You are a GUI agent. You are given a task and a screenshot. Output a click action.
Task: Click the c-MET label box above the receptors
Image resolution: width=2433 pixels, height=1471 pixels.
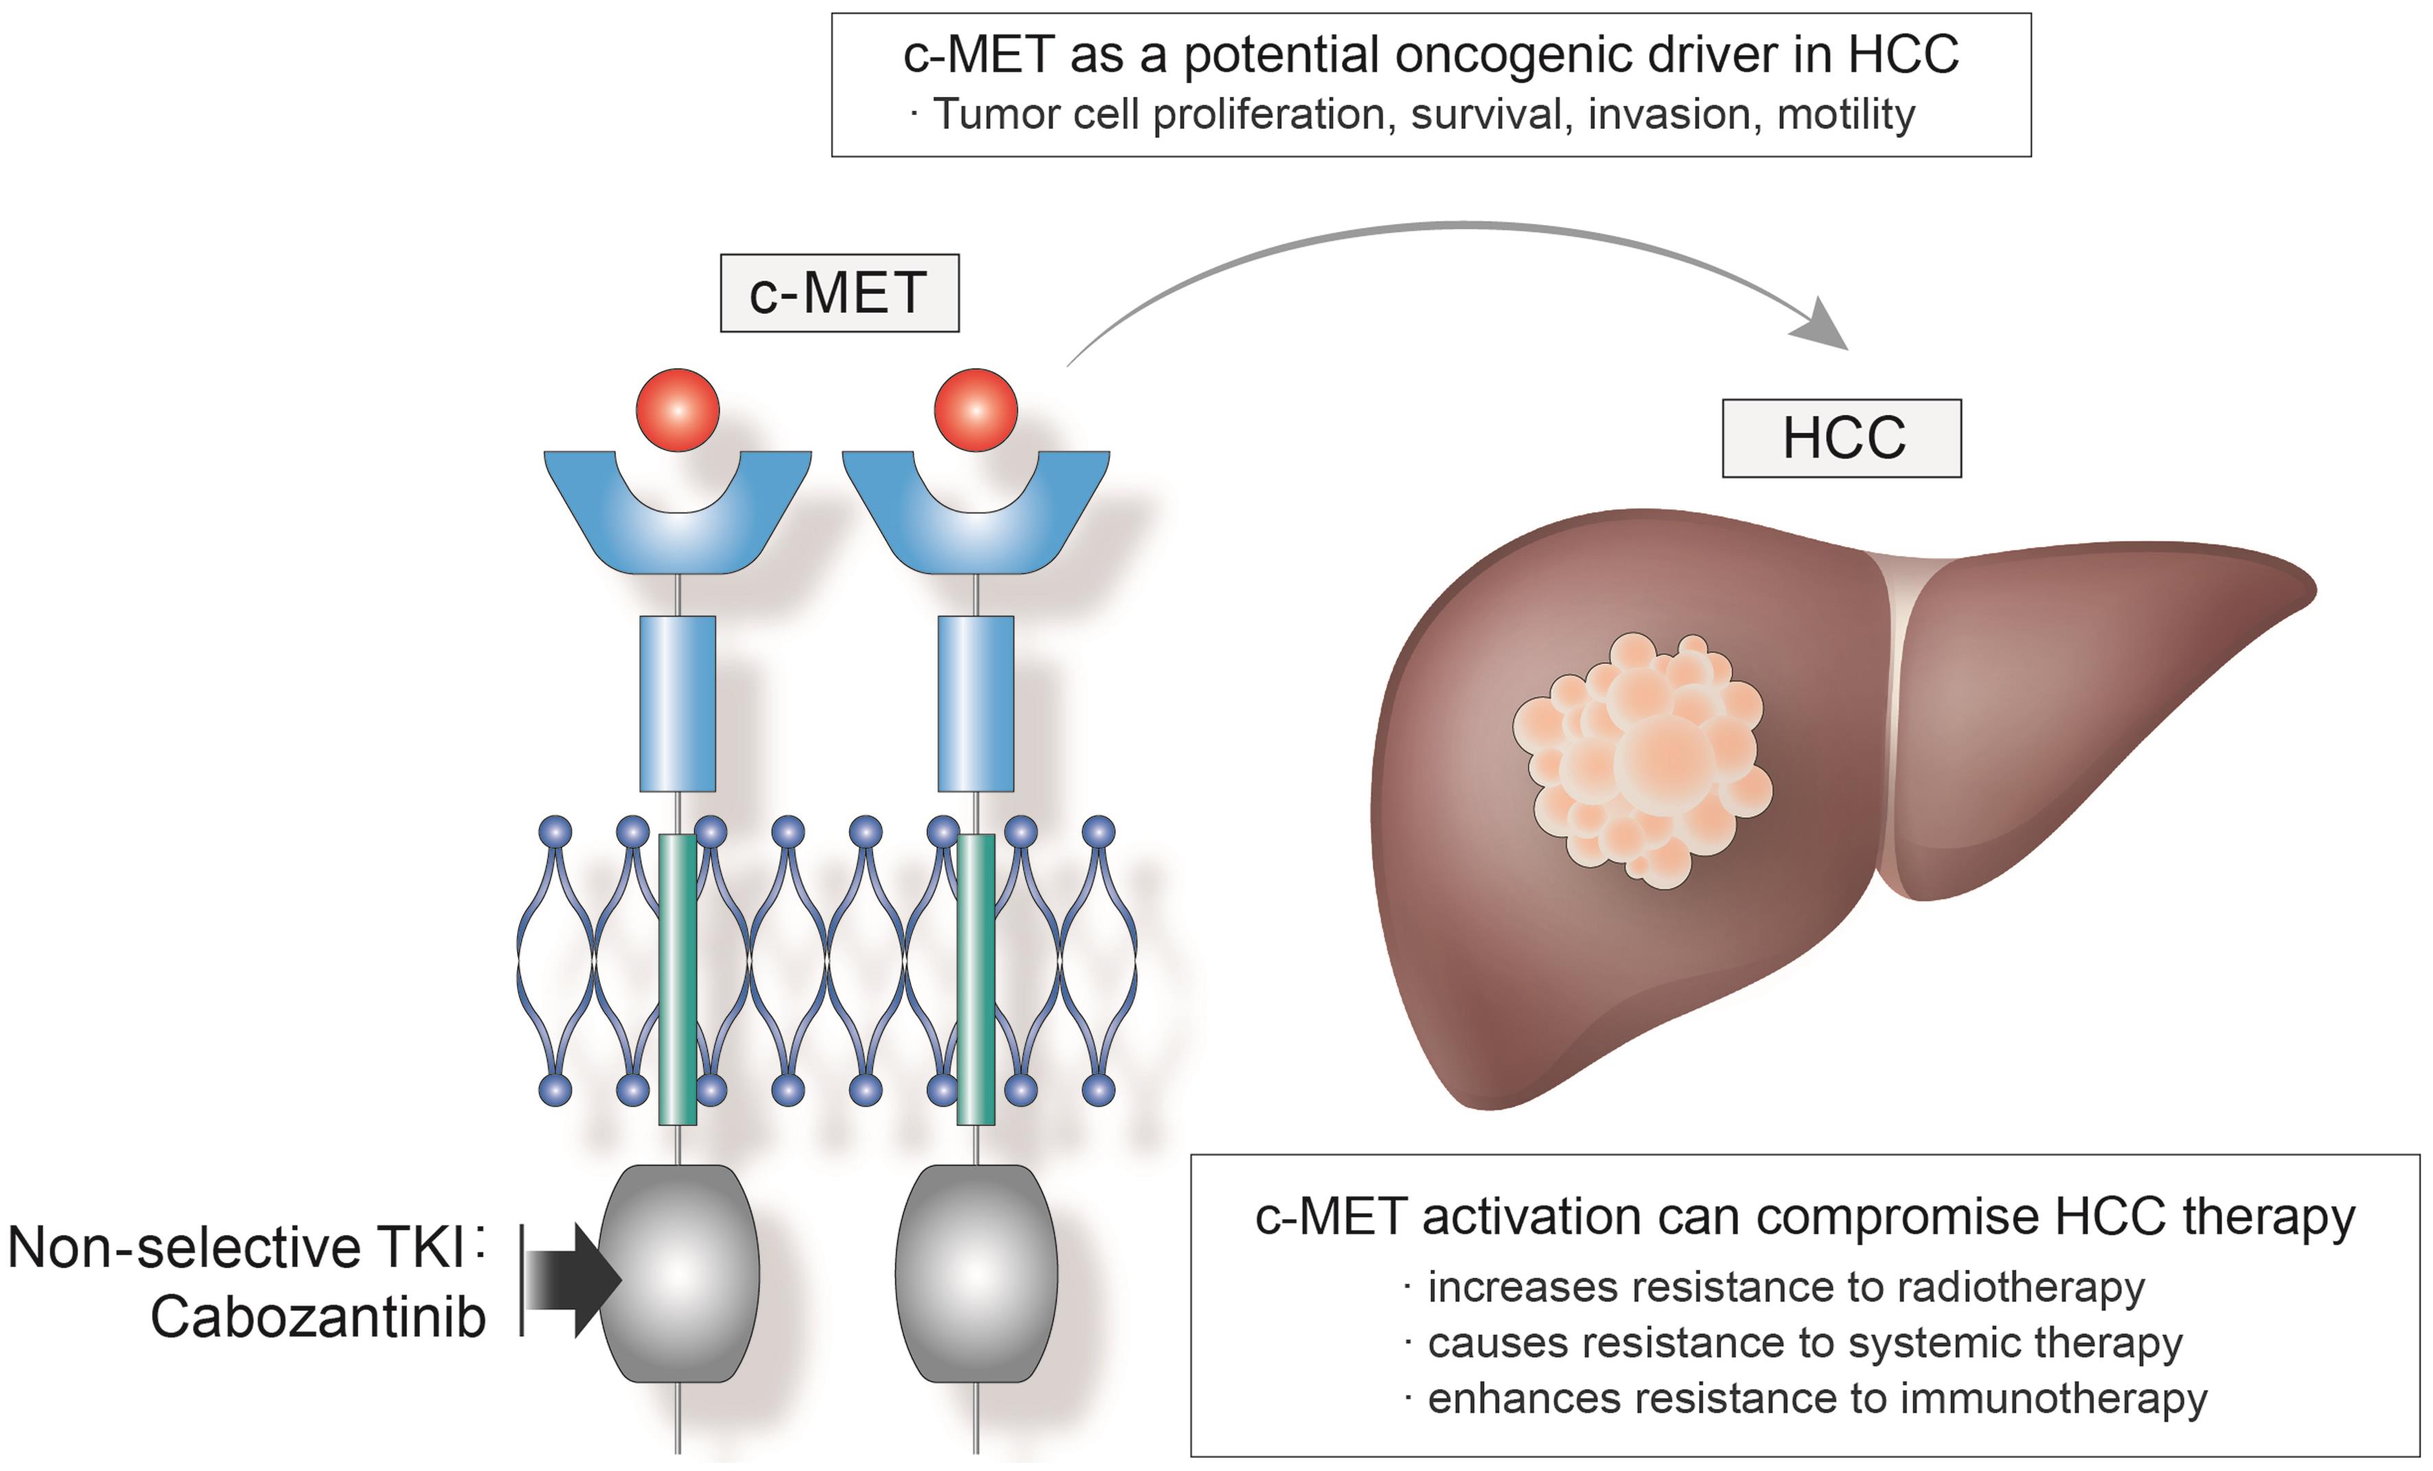(x=839, y=293)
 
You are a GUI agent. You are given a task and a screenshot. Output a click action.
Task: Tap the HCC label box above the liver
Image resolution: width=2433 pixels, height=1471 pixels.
(x=1842, y=439)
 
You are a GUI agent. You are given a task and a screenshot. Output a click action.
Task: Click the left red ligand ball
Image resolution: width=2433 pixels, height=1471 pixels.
(x=677, y=410)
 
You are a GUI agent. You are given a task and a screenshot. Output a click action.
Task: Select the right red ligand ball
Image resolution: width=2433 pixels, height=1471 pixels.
(x=976, y=410)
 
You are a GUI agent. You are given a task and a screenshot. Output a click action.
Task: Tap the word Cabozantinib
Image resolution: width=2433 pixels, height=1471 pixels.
(x=318, y=1318)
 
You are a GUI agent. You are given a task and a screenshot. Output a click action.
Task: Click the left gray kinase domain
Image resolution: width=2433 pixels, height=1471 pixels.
(x=679, y=1273)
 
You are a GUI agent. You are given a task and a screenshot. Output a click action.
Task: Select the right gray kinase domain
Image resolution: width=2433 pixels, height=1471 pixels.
(x=976, y=1273)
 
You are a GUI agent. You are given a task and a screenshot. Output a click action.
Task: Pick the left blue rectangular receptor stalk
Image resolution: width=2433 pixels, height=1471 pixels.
(x=677, y=703)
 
